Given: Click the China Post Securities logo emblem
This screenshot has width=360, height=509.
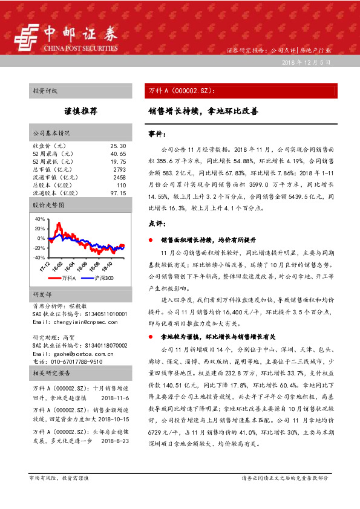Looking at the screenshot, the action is (24, 37).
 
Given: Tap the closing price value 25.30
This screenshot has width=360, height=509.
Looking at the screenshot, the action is (118, 146).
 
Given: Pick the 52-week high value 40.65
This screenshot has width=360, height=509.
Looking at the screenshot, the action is (118, 154).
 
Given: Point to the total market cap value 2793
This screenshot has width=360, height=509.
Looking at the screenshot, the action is (119, 170).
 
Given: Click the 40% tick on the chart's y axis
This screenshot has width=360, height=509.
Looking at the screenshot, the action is (40, 219).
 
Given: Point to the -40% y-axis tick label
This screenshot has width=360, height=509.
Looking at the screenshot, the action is (39, 257).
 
